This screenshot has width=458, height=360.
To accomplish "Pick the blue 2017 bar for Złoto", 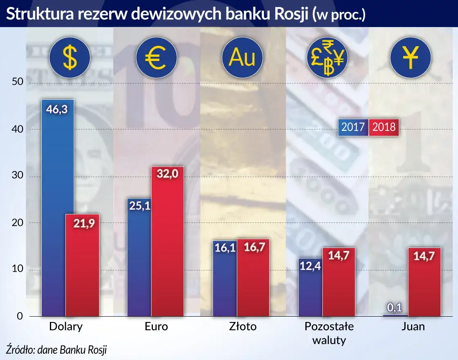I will coord(224,278).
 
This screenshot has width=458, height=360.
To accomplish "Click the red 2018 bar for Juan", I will coord(425,282).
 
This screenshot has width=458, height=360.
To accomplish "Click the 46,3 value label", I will coord(58,109).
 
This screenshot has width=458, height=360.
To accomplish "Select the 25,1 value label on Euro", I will coord(140,206).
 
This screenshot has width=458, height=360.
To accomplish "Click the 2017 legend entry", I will coord(353,127).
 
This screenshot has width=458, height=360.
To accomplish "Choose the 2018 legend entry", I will coord(384,127).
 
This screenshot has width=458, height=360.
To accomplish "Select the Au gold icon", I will coord(242,58).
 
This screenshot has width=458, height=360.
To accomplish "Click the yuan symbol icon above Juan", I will coord(410,59).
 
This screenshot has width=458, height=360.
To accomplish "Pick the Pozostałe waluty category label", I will coord(329,333).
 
